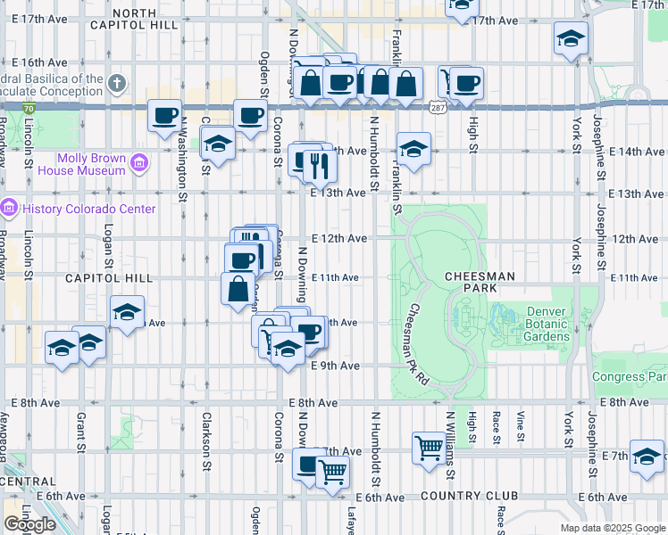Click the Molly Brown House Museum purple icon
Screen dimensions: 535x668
[x=138, y=163]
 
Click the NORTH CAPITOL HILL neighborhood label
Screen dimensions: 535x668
[x=134, y=19]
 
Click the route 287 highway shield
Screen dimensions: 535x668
[x=437, y=107]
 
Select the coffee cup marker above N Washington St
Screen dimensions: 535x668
[x=164, y=115]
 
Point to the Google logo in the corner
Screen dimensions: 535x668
[x=29, y=524]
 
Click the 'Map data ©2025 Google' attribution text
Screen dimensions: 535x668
[x=613, y=528]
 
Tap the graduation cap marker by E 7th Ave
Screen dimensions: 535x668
[x=646, y=456]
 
